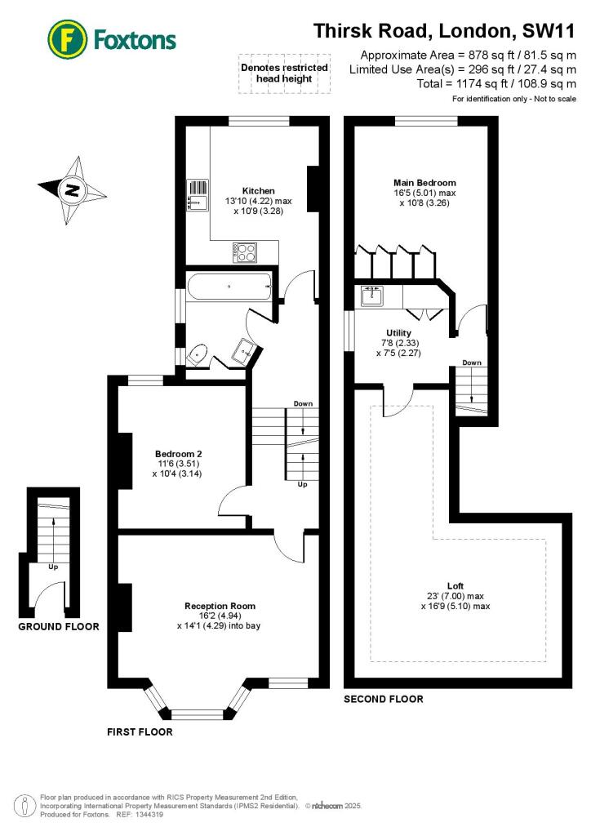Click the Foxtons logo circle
[x=69, y=39]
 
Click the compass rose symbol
[x=73, y=191]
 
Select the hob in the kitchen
[x=245, y=252]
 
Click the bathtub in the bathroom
[x=229, y=287]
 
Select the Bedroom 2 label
[x=179, y=454]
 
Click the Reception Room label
[x=220, y=606]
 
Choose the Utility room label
[x=398, y=333]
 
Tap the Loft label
[x=455, y=585]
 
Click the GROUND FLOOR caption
[x=59, y=627]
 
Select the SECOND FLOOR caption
[x=383, y=699]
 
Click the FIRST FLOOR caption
[x=140, y=731]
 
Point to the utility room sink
[x=372, y=296]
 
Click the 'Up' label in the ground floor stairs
[x=53, y=566]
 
